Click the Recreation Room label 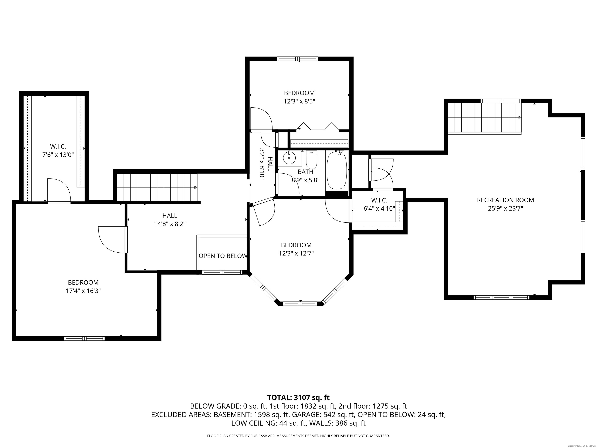coord(505,200)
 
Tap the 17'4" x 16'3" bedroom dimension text coord(83,291)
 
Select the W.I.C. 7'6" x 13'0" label coord(58,151)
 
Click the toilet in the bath coord(312,160)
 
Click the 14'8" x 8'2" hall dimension coord(170,224)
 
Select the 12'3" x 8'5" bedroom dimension coord(299,101)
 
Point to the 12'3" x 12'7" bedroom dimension coord(296,253)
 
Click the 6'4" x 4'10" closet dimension coord(379,208)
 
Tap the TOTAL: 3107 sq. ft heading coord(298,397)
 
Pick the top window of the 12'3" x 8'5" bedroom coord(298,59)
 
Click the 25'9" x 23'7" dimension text coord(505,208)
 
